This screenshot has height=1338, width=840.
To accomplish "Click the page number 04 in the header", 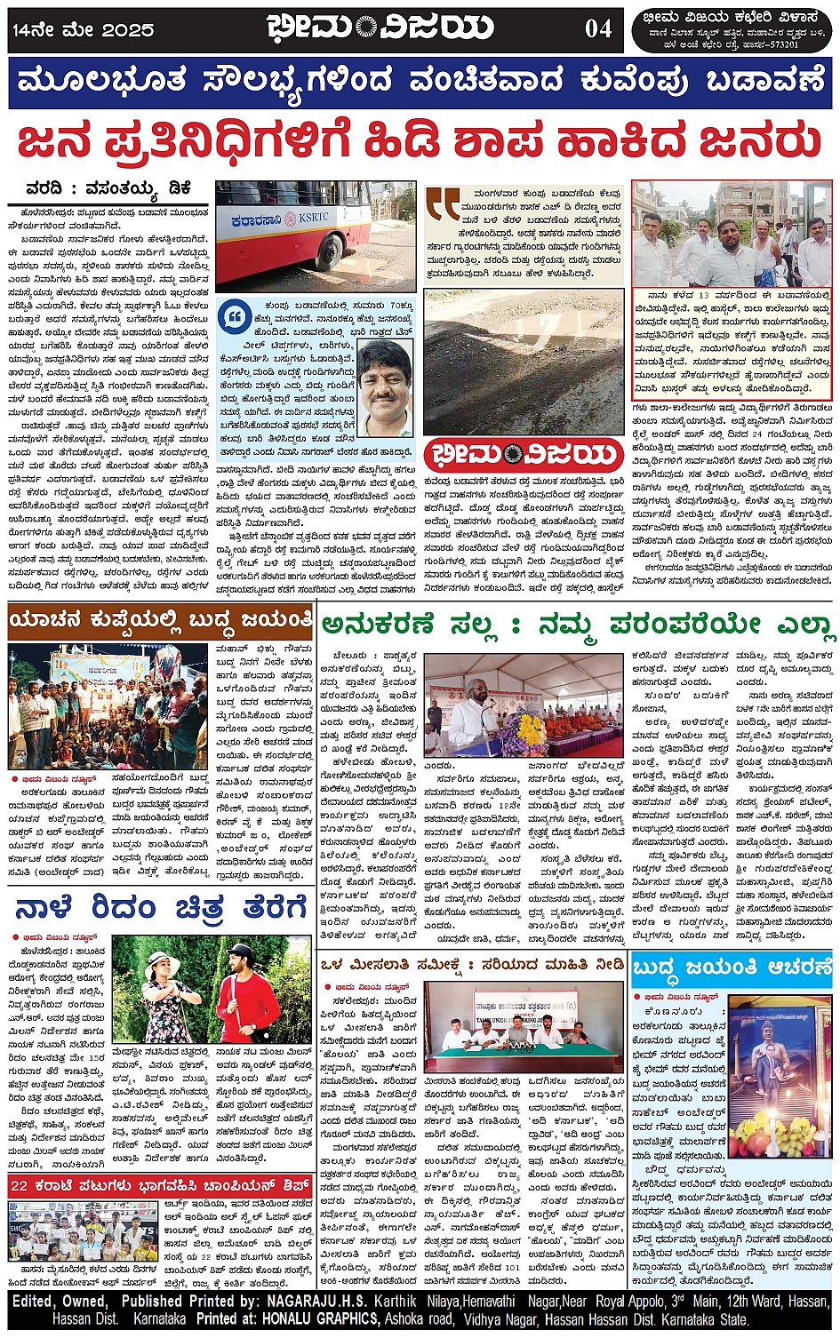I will tap(598, 28).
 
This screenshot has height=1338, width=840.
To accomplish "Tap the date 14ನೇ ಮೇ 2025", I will tap(83, 29).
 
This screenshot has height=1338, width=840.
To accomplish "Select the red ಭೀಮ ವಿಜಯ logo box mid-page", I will tap(523, 456).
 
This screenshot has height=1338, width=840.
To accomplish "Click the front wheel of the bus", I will tap(325, 243).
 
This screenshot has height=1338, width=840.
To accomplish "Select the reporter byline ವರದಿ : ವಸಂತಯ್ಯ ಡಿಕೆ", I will tap(108, 189).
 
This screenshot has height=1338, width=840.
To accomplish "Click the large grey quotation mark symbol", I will tap(442, 203).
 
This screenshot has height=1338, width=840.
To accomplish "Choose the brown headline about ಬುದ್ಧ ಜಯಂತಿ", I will tap(161, 619).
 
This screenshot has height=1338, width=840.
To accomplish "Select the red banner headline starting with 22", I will tap(160, 1185).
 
